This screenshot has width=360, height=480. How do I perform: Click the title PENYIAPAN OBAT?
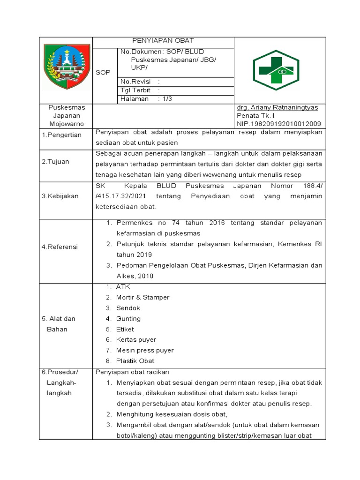[163, 41]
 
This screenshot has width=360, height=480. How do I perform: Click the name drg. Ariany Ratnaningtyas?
[277, 107]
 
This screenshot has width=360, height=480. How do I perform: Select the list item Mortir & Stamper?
[142, 297]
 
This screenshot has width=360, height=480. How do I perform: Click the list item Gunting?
[128, 318]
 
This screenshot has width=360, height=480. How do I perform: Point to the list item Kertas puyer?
[136, 339]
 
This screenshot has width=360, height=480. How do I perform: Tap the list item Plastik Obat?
[135, 361]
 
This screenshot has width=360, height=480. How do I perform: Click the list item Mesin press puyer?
[144, 350]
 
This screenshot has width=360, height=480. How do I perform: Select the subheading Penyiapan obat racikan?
[132, 372]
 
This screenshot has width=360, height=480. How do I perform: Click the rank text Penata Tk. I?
[256, 116]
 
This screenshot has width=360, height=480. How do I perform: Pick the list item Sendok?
[128, 308]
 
